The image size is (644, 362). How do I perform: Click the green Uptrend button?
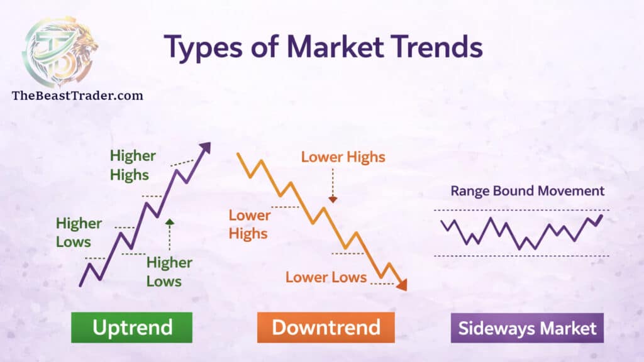click(131, 327)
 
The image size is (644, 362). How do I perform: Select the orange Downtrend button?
click(326, 327)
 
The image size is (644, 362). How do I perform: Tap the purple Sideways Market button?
click(527, 327)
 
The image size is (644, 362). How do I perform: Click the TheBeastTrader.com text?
click(77, 96)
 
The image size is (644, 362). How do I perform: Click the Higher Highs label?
click(133, 165)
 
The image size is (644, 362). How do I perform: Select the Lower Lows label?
click(326, 277)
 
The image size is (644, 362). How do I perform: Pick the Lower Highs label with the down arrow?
click(343, 157)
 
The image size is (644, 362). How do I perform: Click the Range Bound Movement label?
click(527, 191)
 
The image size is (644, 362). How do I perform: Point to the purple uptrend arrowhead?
click(205, 148)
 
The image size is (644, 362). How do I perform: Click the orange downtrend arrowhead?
click(402, 285)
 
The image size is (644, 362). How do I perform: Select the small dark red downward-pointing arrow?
click(333, 199)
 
